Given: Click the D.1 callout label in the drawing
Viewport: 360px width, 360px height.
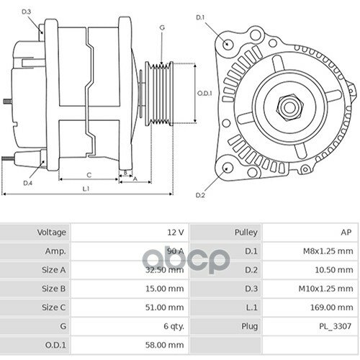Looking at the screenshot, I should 200,17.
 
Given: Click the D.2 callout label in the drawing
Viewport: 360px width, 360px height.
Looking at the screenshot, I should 200,194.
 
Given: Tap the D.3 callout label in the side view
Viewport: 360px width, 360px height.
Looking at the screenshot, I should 27,12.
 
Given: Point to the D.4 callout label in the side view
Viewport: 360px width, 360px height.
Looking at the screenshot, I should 27,183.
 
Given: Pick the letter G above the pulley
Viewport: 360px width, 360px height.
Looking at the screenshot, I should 161,27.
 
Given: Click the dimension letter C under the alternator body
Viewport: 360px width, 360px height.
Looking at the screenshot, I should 88,174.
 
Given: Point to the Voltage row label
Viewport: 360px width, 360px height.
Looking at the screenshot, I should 52,233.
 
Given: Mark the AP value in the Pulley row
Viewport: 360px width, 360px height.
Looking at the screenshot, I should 345,233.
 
